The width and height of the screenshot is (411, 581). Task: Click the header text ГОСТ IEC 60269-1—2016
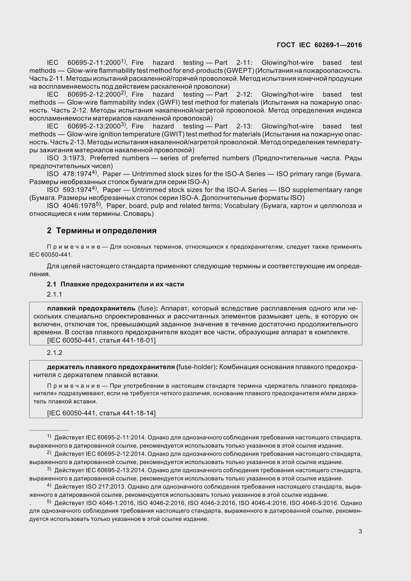(319, 45)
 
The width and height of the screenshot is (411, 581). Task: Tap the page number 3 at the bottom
(360, 531)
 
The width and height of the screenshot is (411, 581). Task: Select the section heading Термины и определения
(106, 231)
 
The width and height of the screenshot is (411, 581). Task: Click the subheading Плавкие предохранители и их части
(122, 284)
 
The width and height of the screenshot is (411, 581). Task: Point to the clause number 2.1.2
(54, 353)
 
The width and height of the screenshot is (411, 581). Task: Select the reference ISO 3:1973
(66, 158)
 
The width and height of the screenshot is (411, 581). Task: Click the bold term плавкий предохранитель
(91, 309)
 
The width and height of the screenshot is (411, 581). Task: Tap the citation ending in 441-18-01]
(101, 340)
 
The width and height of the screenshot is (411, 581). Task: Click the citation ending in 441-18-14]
(101, 413)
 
